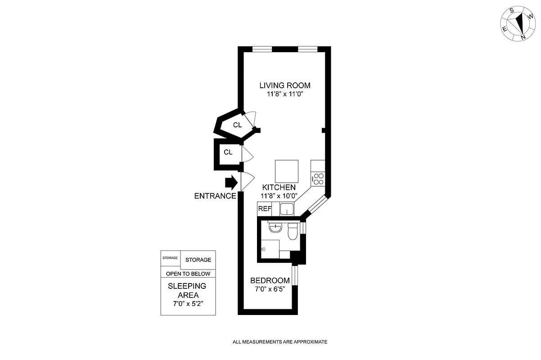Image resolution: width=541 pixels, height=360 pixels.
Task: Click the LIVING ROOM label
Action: point(285,85)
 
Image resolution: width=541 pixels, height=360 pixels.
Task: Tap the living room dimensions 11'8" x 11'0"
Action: point(285,94)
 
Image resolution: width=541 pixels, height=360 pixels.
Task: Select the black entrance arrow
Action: point(231,182)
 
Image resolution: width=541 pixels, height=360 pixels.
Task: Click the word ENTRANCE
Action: point(215,196)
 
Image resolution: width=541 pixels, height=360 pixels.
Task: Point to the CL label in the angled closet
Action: point(237,125)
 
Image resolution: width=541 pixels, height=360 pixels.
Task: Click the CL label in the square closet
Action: point(228,153)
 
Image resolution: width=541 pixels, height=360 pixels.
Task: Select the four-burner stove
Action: point(319,179)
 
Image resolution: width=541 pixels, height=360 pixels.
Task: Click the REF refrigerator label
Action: point(265,209)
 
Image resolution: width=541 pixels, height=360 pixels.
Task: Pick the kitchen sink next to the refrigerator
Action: point(287,209)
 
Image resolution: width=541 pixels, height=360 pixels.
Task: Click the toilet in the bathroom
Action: point(292,232)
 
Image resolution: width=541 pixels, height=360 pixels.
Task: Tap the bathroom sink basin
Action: point(275,229)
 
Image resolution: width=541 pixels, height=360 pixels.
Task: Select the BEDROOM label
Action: point(270,280)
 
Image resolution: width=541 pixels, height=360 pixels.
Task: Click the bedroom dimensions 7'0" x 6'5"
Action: point(270,289)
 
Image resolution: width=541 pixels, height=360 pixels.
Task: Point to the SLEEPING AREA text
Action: point(187,290)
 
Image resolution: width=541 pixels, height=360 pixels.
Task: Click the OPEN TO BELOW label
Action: point(188,274)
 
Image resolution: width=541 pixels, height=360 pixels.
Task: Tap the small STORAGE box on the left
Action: point(170,258)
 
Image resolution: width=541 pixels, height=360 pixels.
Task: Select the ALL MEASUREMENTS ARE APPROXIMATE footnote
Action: point(280,342)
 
